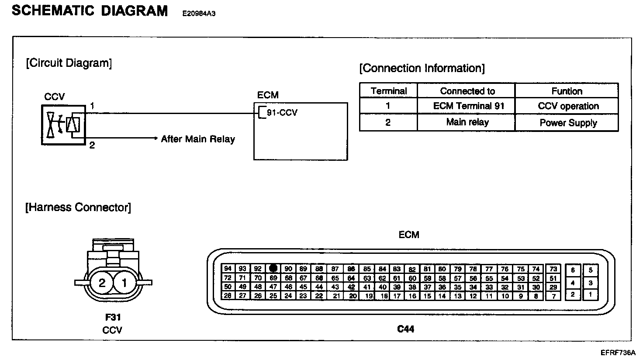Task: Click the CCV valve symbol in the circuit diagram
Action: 64,125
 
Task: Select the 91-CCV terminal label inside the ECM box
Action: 282,113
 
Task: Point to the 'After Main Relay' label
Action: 198,139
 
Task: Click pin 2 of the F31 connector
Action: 102,283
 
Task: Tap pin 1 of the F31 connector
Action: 124,283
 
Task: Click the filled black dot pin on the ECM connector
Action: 273,268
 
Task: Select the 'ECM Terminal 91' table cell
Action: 468,106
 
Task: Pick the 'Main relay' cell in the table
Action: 467,122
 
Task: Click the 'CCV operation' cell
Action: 568,106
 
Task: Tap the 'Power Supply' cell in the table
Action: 568,123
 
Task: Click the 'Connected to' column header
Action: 467,91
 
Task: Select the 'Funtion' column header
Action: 567,91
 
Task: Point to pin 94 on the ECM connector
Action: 228,269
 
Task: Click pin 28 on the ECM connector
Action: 228,296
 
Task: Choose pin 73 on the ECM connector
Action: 553,269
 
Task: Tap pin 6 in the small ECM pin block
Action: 573,270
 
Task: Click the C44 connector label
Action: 405,329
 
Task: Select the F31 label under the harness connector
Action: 113,318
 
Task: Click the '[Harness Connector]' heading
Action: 78,207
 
